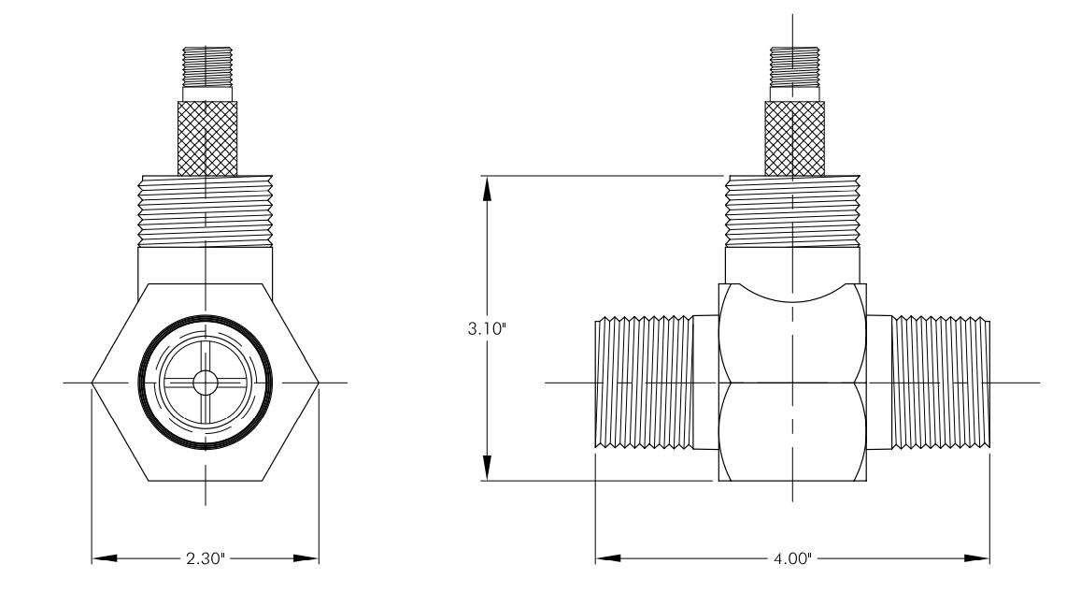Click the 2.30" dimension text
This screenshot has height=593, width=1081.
[x=206, y=557]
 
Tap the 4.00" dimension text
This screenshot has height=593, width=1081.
[x=792, y=557]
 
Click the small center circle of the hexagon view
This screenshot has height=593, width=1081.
[x=205, y=382]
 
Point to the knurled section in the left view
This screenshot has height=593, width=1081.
[x=207, y=138]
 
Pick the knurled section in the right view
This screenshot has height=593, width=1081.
[x=794, y=138]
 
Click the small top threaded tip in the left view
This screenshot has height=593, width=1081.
[x=207, y=67]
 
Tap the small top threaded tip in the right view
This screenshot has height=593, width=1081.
[x=794, y=67]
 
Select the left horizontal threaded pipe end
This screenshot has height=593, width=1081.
[x=644, y=383]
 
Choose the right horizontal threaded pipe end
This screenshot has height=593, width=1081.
[x=941, y=383]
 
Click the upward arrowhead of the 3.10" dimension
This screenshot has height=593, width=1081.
[x=487, y=188]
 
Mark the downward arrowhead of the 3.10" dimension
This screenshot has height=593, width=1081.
[x=487, y=468]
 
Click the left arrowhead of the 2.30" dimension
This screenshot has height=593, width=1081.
[x=105, y=557]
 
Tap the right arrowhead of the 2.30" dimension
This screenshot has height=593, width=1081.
[x=306, y=557]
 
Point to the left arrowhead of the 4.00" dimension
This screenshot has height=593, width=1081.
[x=609, y=557]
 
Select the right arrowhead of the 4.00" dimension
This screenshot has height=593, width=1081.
[x=977, y=557]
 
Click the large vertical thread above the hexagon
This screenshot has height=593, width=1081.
[x=206, y=210]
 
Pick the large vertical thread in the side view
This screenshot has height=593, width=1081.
[x=793, y=210]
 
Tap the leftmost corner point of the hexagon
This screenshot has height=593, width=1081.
[x=92, y=382]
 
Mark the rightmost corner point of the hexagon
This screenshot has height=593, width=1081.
[x=319, y=382]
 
